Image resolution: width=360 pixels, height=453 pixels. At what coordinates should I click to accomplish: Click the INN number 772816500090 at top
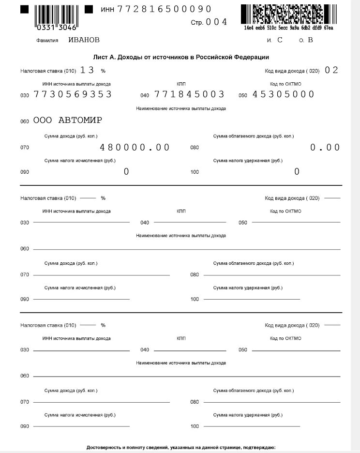[165, 9]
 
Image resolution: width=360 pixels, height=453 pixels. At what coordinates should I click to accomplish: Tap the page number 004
[216, 22]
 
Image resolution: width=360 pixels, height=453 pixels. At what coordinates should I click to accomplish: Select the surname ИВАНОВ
[84, 40]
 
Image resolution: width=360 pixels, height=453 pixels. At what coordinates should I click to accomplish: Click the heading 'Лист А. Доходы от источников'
[181, 57]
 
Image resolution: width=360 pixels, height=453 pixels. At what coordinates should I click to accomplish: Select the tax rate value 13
[87, 70]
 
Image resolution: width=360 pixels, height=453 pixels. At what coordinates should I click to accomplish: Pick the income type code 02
[331, 70]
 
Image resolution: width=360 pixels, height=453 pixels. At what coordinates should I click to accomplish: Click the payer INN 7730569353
[73, 94]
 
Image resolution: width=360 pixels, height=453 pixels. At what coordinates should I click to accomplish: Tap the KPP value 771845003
[189, 94]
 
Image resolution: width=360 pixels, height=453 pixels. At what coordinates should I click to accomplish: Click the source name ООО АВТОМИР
[68, 121]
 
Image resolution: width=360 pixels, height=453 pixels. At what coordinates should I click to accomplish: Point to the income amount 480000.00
[135, 147]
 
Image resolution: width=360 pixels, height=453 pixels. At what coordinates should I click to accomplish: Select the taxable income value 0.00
[325, 147]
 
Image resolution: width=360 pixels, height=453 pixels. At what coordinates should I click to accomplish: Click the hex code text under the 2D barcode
[288, 28]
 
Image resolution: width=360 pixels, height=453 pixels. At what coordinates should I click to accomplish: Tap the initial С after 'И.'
[280, 40]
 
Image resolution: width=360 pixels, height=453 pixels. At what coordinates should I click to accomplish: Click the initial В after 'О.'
[310, 40]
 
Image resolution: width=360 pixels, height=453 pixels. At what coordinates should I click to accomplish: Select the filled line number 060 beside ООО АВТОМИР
[25, 121]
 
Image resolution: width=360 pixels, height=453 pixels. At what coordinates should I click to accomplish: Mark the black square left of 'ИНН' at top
[89, 9]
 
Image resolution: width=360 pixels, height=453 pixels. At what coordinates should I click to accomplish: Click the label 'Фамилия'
[47, 40]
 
